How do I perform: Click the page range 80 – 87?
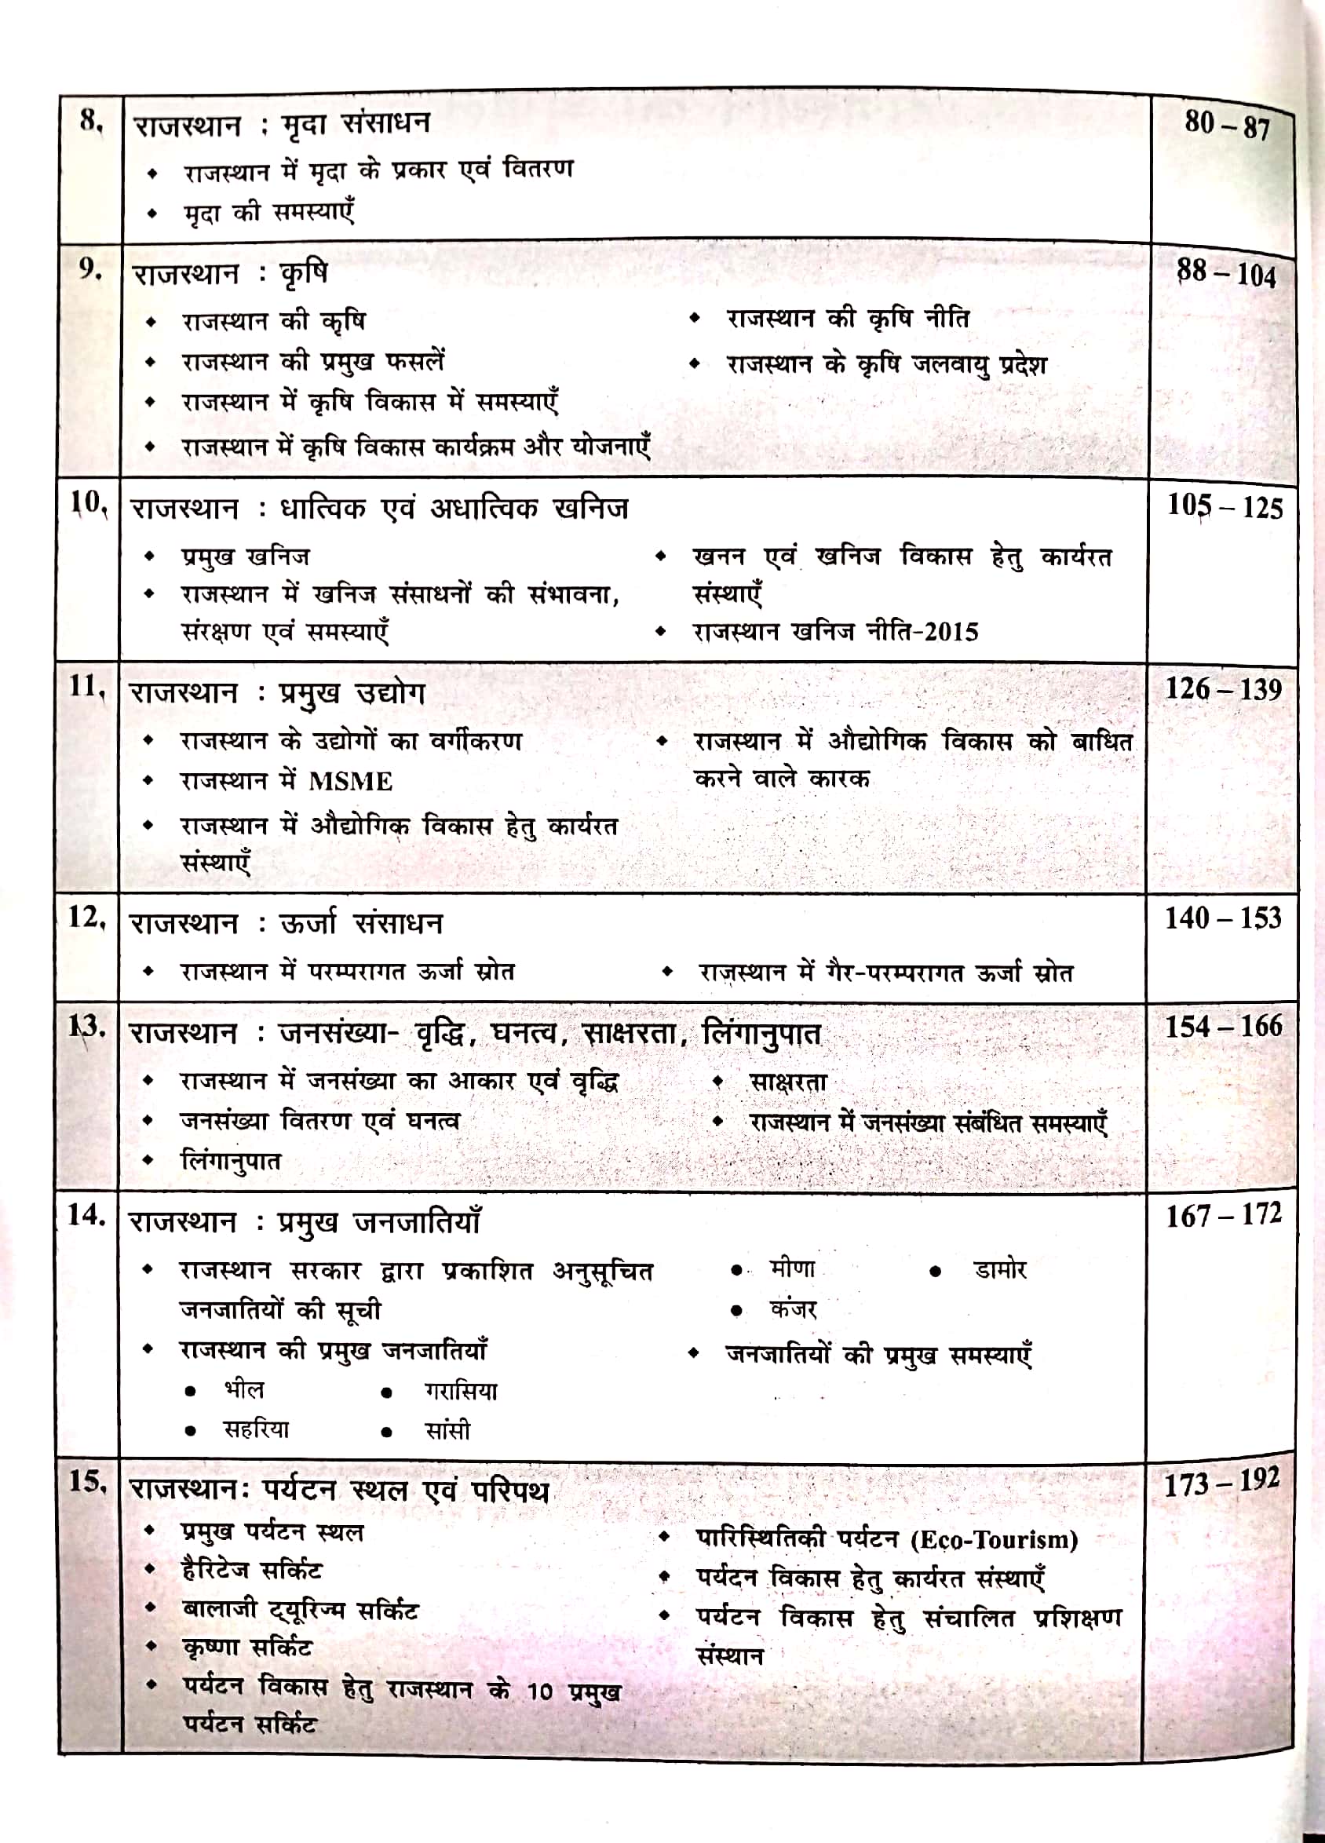(x=1227, y=125)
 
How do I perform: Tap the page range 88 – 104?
(x=1227, y=274)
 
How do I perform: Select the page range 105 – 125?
(x=1225, y=507)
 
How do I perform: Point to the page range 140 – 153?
(x=1224, y=918)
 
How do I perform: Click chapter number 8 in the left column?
(x=90, y=121)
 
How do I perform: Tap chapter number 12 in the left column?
(x=86, y=918)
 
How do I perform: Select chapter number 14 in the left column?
(x=86, y=1215)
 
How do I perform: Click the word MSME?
(x=350, y=782)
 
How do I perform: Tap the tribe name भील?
(x=244, y=1389)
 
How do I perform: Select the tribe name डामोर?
(x=1000, y=1269)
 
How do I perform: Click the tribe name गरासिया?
(x=460, y=1390)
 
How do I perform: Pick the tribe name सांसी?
(x=448, y=1430)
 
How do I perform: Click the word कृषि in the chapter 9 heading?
(x=303, y=274)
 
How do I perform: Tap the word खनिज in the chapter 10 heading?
(x=590, y=509)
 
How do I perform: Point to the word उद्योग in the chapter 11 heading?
(x=389, y=693)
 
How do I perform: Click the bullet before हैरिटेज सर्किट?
(x=150, y=1568)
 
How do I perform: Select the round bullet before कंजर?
(x=736, y=1310)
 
